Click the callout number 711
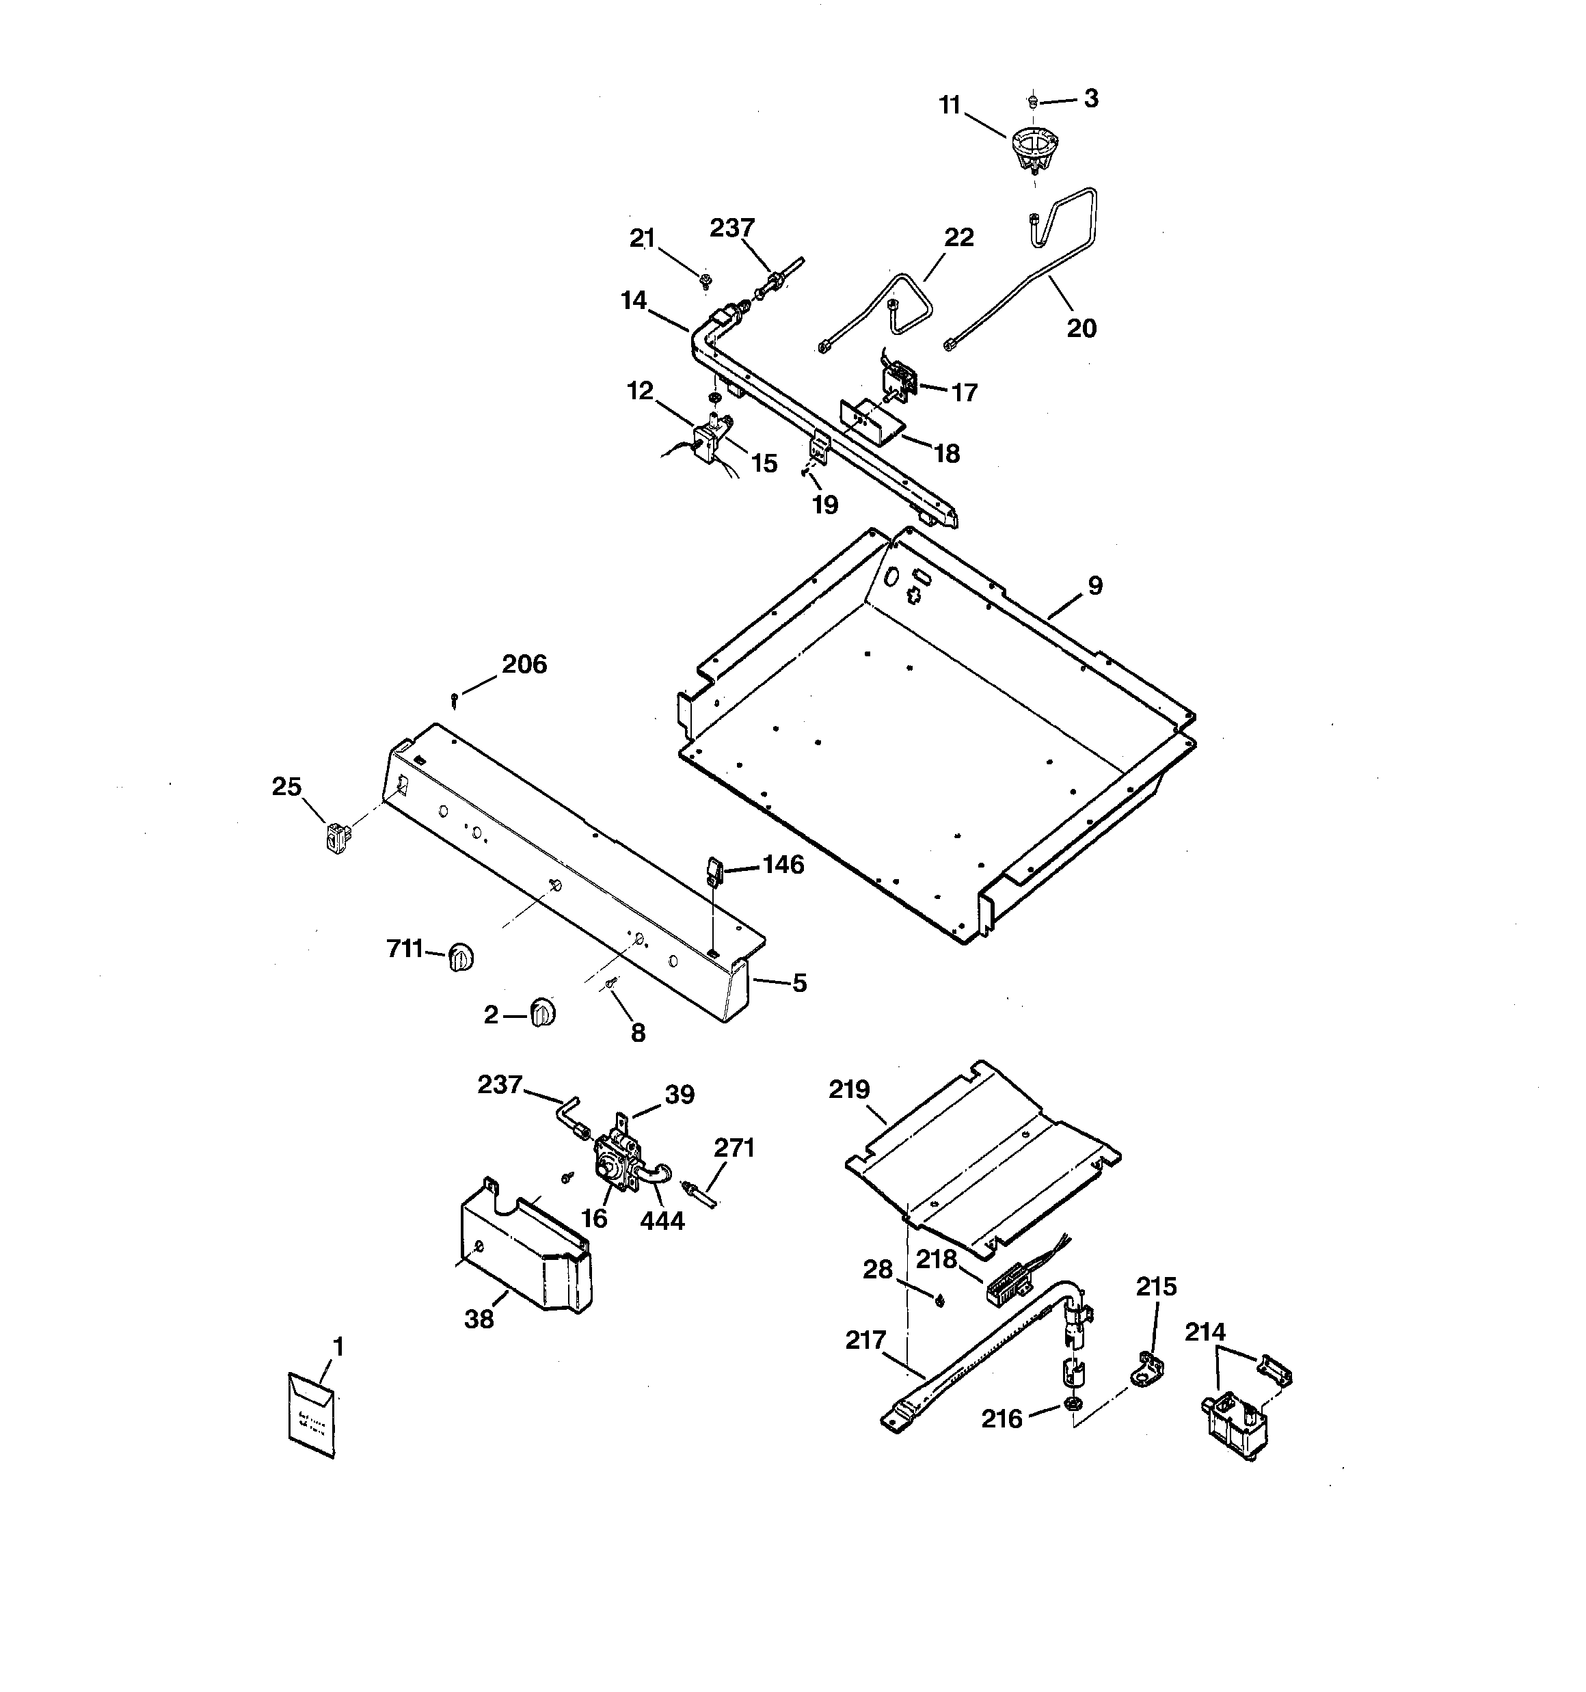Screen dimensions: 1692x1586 click(405, 948)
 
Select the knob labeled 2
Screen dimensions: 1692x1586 click(542, 1013)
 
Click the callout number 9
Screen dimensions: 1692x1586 click(1094, 586)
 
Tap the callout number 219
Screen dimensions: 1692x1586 click(849, 1090)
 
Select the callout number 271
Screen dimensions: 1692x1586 click(734, 1148)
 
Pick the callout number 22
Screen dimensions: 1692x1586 click(958, 237)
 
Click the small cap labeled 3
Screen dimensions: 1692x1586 click(1032, 101)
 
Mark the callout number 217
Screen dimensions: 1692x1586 click(865, 1341)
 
